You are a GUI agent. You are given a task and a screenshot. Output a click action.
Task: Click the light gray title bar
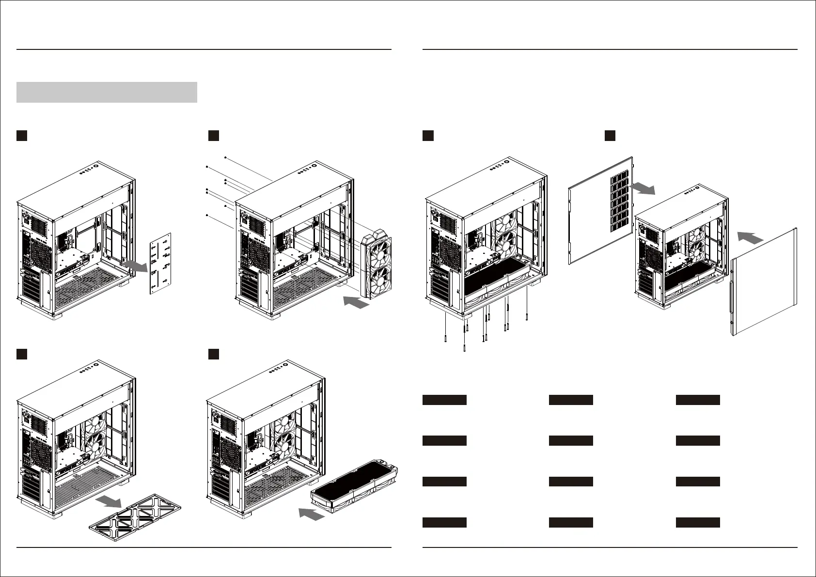107,92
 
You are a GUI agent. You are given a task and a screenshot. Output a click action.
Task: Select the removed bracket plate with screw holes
160,263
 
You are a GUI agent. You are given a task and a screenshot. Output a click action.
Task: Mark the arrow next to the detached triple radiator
311,514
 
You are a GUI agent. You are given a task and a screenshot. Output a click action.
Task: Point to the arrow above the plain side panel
751,237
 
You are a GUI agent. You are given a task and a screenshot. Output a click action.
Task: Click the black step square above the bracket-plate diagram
21,136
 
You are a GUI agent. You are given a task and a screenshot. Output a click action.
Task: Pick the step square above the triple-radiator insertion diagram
214,354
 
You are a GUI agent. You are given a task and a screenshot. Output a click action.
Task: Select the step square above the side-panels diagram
610,136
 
